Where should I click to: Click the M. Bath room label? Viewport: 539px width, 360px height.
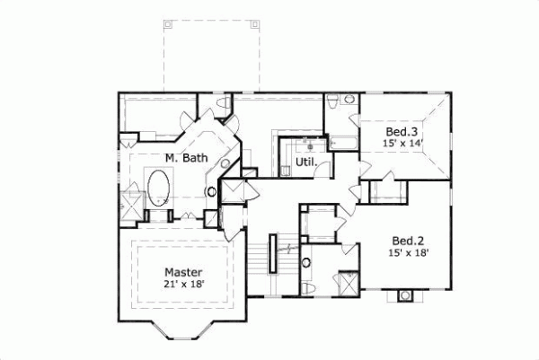click(x=187, y=158)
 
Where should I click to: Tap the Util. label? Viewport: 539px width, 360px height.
click(x=303, y=163)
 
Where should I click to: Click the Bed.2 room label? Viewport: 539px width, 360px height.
click(x=408, y=240)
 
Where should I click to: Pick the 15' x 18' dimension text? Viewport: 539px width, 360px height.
click(x=408, y=253)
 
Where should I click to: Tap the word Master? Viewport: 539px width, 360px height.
click(x=183, y=272)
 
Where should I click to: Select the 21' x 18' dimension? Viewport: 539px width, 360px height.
click(x=183, y=285)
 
